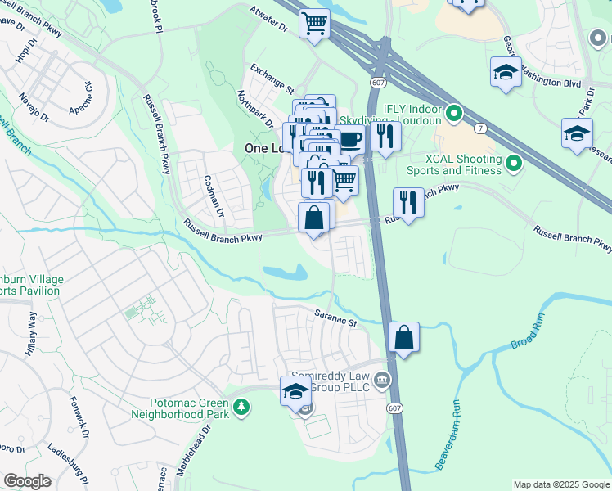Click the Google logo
pyautogui.click(x=26, y=482)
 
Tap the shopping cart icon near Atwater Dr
pyautogui.click(x=313, y=24)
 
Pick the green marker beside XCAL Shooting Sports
pyautogui.click(x=514, y=164)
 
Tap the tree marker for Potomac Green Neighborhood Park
pyautogui.click(x=241, y=407)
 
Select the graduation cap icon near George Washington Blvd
pyautogui.click(x=506, y=72)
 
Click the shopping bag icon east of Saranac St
pyautogui.click(x=404, y=337)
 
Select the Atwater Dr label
pyautogui.click(x=271, y=25)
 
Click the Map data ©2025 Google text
pyautogui.click(x=560, y=484)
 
